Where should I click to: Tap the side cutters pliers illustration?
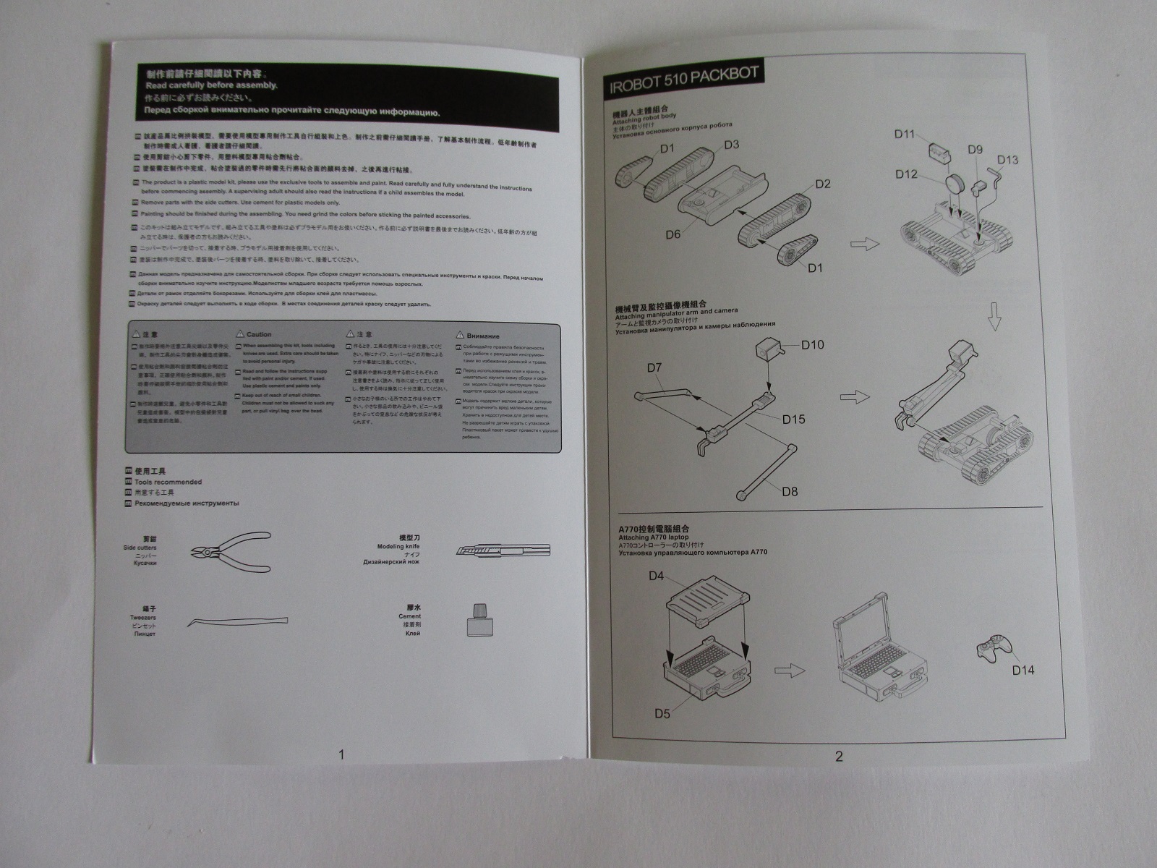tap(231, 551)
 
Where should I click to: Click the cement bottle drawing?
tap(474, 620)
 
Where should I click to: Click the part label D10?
tap(812, 345)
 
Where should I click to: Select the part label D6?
tap(673, 234)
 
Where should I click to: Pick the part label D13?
tap(1007, 160)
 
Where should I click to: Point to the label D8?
tap(790, 491)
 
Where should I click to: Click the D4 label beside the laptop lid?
tap(656, 576)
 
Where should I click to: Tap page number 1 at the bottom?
tap(341, 755)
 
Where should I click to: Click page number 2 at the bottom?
tap(839, 757)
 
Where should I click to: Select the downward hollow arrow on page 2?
tap(995, 317)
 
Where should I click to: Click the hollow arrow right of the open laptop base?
tap(790, 671)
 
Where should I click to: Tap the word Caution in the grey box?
tap(258, 335)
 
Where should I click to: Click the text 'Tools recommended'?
tap(168, 482)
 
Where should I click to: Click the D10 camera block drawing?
tap(767, 351)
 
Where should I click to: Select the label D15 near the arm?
tap(793, 420)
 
